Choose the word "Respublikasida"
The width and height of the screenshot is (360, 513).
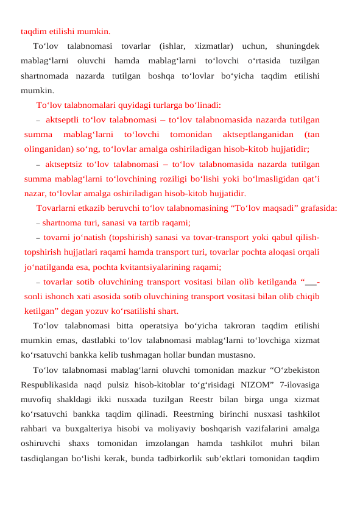[x=51, y=384]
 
